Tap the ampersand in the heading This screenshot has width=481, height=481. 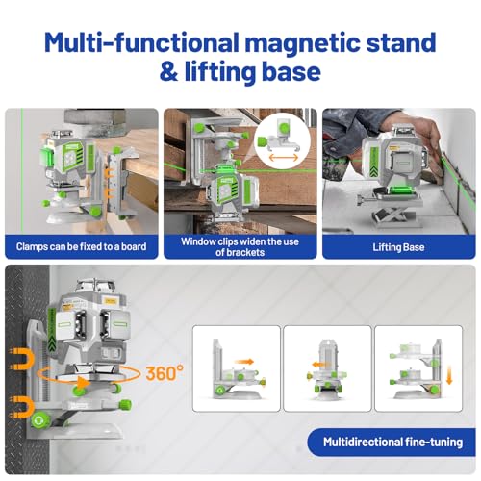(x=168, y=72)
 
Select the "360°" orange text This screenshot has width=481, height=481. (x=165, y=372)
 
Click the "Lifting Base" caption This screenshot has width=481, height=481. (x=398, y=247)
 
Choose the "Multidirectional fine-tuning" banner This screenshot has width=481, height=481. (x=392, y=443)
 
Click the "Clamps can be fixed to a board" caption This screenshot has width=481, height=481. (x=82, y=246)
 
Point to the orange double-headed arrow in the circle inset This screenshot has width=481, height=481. (x=284, y=158)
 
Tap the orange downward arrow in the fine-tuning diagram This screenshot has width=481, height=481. (x=449, y=376)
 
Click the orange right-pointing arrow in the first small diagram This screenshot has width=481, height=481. (x=243, y=362)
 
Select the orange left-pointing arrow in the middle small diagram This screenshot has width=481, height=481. (x=321, y=365)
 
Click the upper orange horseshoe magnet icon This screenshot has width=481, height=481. (x=22, y=360)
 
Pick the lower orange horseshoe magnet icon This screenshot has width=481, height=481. (x=22, y=407)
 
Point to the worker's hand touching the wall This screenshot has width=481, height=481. (x=431, y=151)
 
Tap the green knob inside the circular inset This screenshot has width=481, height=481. (x=284, y=128)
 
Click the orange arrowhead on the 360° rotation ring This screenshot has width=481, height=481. (x=84, y=383)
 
